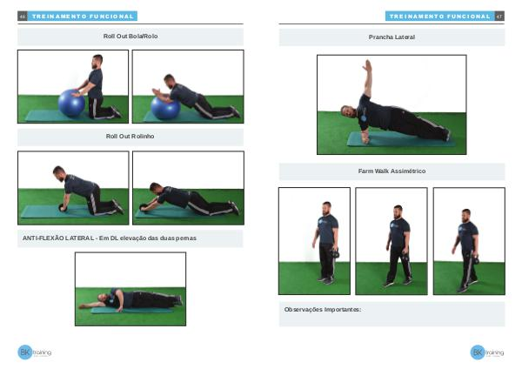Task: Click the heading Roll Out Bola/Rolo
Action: coord(130,36)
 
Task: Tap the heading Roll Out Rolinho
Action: coord(130,137)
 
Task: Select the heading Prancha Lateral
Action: coord(391,37)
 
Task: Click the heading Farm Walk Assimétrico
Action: coord(391,171)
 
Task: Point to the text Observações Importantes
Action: coord(322,310)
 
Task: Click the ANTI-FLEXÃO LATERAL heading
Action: coord(110,238)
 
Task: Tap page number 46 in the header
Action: coord(23,16)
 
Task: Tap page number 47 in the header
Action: coord(499,16)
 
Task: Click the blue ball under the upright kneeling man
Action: coord(71,103)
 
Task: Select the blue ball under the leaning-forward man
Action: coord(165,108)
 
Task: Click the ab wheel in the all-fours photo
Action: coord(63,208)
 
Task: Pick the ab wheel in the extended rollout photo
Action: coord(144,207)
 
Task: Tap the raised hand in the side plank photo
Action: coord(368,65)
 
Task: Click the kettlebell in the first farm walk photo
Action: coord(335,254)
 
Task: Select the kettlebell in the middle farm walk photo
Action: coord(405,258)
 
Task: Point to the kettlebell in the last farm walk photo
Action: coord(476,259)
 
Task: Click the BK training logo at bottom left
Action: coord(34,352)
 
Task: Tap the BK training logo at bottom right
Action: coord(487,352)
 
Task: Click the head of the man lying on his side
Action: coord(103,298)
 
